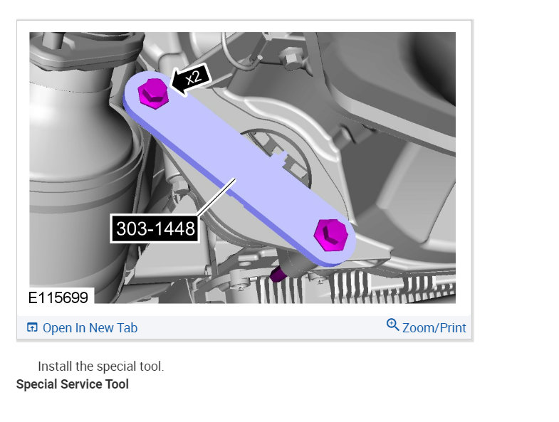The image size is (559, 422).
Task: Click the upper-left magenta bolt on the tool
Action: pos(153,93)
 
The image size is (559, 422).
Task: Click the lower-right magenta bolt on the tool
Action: pos(331,236)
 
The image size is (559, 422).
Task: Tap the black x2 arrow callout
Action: pos(192,79)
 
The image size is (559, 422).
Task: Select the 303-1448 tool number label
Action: pos(155,229)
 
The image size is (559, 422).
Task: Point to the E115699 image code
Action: pos(58,297)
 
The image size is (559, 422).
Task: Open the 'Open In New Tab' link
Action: pos(90,328)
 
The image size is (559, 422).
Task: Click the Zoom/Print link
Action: pos(434,328)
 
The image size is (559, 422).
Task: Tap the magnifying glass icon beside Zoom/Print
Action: pos(392,325)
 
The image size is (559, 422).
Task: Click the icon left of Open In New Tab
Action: pos(32,327)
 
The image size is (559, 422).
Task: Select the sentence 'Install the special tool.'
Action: pos(101,366)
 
